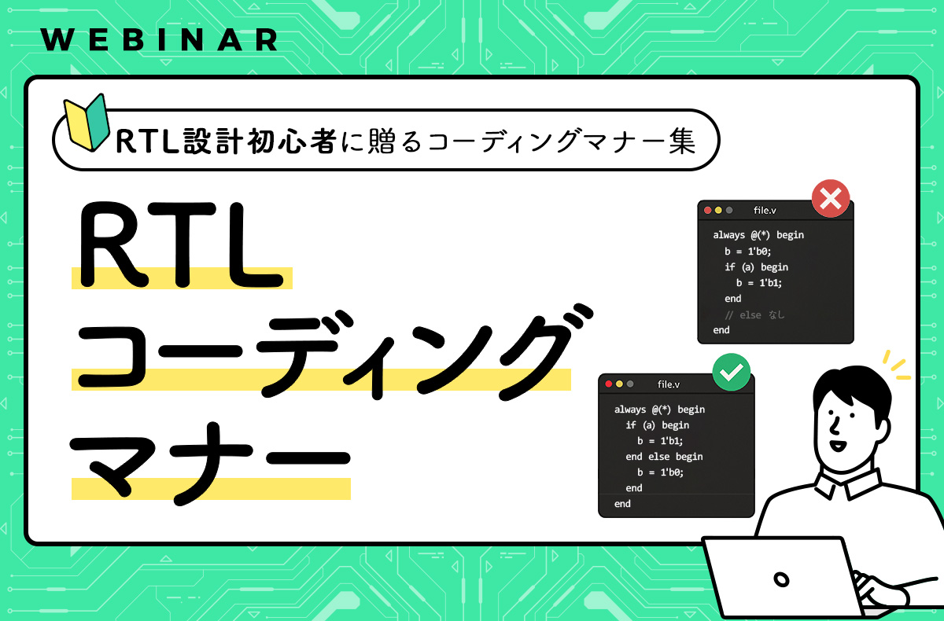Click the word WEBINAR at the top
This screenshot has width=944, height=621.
(158, 39)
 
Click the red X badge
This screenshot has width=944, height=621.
(829, 199)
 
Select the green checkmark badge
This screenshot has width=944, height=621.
(731, 374)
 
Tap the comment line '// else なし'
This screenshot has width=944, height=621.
(754, 314)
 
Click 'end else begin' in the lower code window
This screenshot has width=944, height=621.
(663, 457)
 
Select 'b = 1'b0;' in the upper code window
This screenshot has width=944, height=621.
(747, 252)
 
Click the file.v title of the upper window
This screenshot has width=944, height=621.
(765, 211)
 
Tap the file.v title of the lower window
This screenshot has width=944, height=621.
(668, 384)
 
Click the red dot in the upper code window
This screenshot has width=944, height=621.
(708, 211)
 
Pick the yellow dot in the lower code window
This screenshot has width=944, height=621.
(619, 384)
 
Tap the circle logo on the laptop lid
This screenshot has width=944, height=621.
(781, 580)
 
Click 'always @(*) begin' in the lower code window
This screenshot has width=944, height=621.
(659, 410)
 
